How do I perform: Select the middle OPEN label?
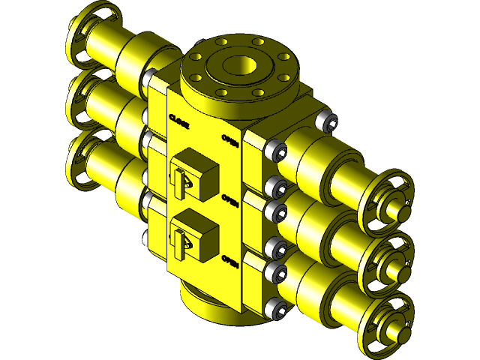coord(230,200)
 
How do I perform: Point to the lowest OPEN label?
coord(230,261)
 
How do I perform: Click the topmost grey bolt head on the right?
coord(324,120)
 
